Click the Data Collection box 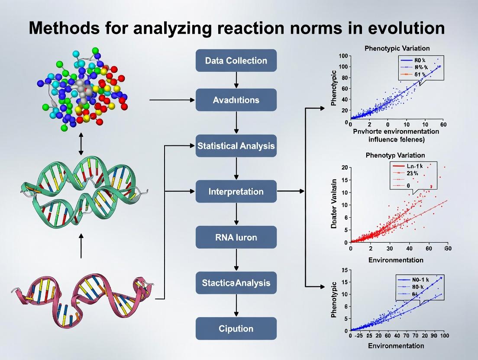point(236,61)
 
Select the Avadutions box point(236,100)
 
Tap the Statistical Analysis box point(236,146)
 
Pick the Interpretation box point(236,191)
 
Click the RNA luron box point(236,237)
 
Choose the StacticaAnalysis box point(236,283)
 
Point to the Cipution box point(236,328)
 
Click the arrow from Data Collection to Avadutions point(236,80)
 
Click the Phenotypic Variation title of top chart point(397,48)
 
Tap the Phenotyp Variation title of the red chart point(395,155)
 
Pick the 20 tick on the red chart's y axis point(344,167)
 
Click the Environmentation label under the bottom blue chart point(396,346)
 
